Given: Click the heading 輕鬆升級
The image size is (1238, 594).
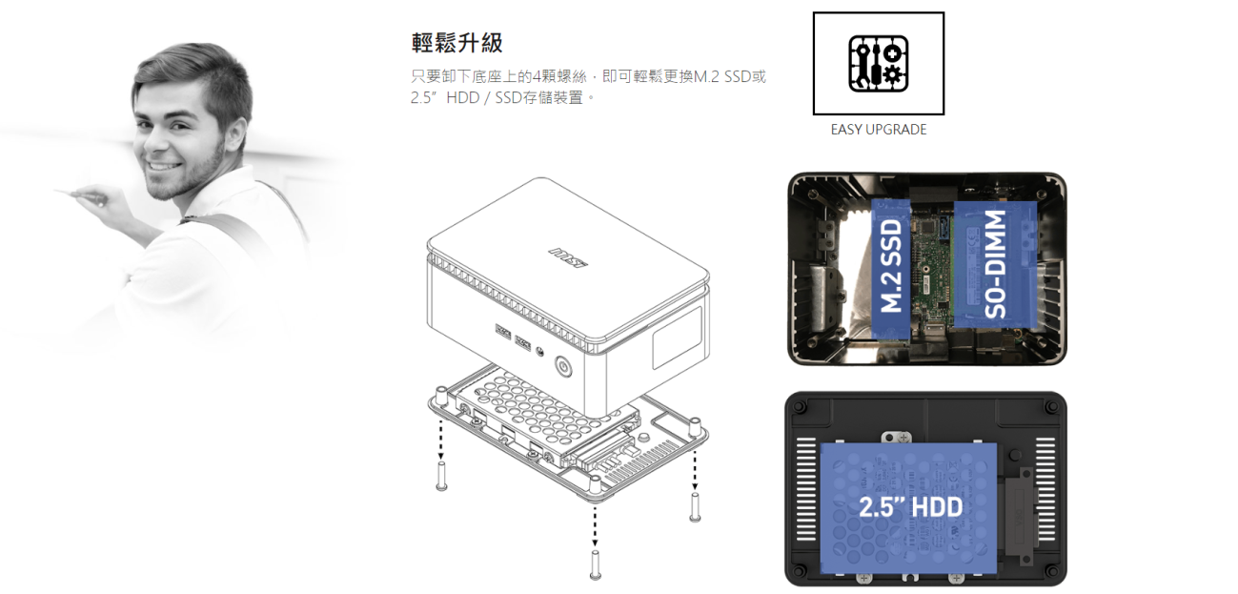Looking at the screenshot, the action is point(457,43).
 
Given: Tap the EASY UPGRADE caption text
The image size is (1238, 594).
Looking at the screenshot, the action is point(878,130).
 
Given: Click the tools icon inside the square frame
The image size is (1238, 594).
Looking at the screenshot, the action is point(878,64).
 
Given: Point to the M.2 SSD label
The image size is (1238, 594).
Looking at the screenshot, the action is point(891,265).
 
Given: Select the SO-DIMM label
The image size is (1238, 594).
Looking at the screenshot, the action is point(995,264).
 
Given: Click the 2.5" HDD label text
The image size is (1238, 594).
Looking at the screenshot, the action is point(911,506).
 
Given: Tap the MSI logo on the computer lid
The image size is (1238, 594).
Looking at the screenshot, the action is point(568,258).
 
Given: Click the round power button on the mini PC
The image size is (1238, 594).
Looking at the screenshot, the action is point(563,367).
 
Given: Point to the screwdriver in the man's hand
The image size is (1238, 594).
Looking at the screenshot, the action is point(82,195).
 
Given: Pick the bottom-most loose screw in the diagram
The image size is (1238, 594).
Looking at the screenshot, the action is point(595,564).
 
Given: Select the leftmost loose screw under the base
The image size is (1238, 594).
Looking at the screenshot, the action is point(441,476).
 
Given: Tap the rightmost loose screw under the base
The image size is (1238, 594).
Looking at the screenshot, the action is point(695,506).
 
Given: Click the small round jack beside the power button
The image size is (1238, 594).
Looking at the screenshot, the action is point(540,353).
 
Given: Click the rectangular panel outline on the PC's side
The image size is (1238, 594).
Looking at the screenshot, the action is point(678,338).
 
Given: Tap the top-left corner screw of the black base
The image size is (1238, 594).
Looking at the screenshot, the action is point(800,407).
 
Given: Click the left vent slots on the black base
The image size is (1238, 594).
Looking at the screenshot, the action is point(806,489).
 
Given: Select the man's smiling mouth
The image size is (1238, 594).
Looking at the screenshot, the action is point(161,165).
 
